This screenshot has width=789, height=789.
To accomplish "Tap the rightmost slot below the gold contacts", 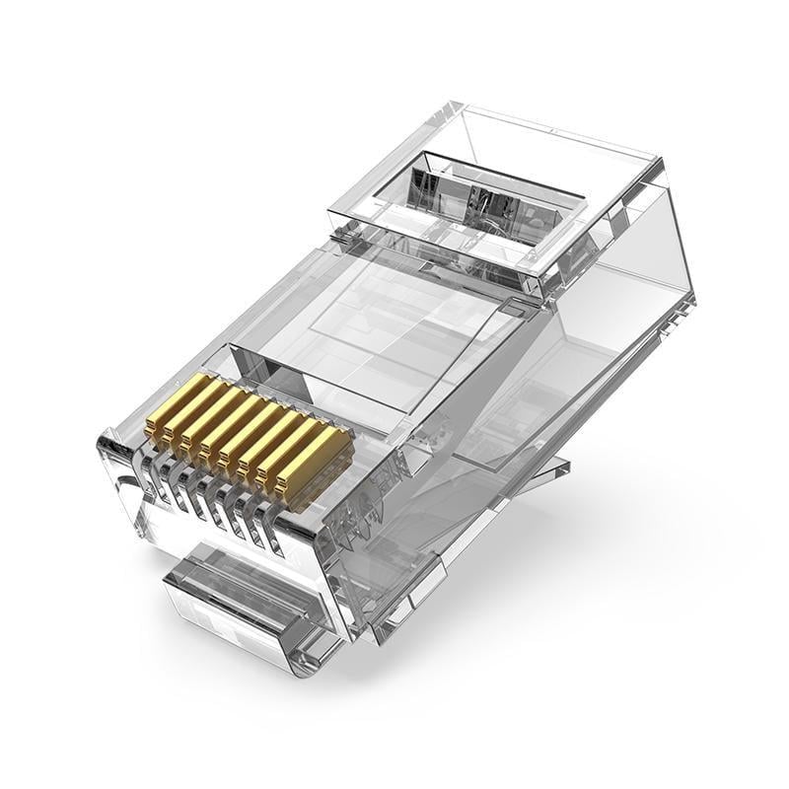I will pos(277,533).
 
